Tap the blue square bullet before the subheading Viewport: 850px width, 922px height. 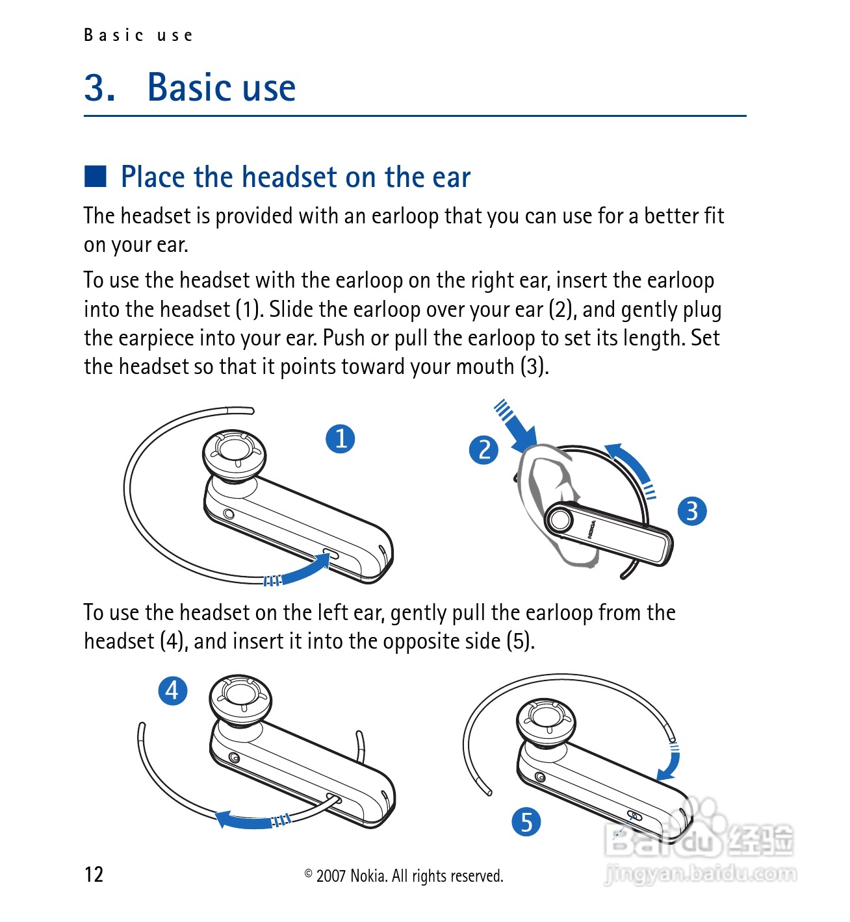96,177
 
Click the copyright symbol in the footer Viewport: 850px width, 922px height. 308,873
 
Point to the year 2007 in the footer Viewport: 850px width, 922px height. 331,876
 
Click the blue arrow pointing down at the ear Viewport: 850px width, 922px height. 517,426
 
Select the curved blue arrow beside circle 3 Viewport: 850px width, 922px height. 632,468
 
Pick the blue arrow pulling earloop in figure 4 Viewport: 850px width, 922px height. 253,821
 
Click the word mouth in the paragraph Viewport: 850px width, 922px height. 485,367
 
